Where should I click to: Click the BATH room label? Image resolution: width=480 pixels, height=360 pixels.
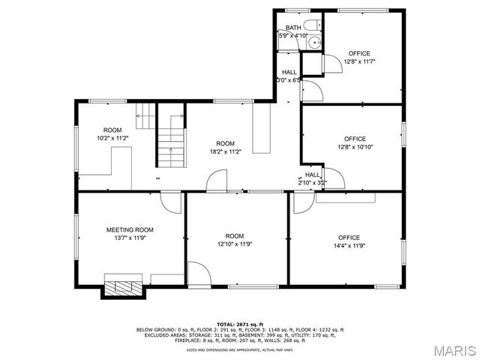tap(292, 28)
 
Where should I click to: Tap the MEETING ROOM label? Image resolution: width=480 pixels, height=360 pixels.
tap(130, 230)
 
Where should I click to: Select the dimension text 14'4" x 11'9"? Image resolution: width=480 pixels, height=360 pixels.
tap(349, 246)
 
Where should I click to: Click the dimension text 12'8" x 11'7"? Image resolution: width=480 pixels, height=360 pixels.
tap(359, 61)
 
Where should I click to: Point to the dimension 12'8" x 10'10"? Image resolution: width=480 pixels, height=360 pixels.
tap(355, 147)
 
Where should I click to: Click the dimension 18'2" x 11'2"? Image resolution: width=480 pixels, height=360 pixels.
tap(225, 151)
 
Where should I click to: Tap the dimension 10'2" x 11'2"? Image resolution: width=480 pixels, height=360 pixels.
tap(112, 138)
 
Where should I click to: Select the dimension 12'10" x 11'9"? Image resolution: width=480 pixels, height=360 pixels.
tap(235, 244)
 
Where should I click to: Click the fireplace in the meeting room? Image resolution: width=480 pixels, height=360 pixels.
tap(121, 286)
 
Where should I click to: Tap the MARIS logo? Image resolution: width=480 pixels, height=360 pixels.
tap(447, 350)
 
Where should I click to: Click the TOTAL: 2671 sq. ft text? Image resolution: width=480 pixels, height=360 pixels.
tap(239, 323)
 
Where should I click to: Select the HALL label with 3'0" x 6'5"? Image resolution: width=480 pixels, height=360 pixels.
tap(289, 73)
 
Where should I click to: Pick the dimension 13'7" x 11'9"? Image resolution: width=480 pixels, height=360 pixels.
tap(130, 238)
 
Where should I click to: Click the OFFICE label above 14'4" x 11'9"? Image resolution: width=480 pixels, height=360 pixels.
tap(349, 238)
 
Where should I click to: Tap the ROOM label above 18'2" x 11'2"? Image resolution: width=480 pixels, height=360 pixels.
tap(225, 143)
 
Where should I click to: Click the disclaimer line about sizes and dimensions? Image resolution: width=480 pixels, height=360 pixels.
tap(239, 349)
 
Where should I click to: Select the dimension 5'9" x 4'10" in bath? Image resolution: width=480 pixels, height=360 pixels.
tap(292, 35)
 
